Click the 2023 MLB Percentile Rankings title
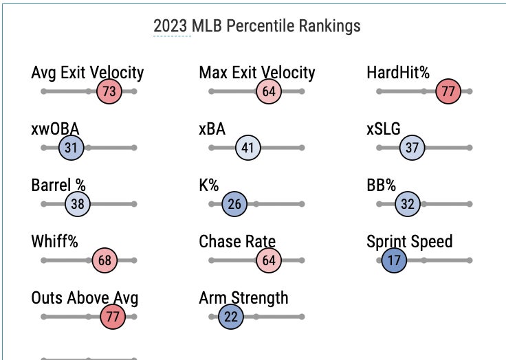point(256,26)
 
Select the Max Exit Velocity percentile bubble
point(269,91)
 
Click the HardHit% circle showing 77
point(448,91)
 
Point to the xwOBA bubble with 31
point(71,148)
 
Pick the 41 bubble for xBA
point(248,148)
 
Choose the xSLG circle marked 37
point(412,148)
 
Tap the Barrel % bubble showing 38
point(78,204)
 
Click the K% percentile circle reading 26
point(234,204)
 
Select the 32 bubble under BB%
point(408,204)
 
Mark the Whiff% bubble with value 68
point(104,260)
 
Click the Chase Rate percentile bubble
point(269,260)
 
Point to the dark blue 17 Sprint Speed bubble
point(394,260)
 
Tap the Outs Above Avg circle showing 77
point(112,317)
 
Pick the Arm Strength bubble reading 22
point(230,317)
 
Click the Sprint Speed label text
point(409,242)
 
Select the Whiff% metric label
point(55,242)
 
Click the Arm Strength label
point(243,298)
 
